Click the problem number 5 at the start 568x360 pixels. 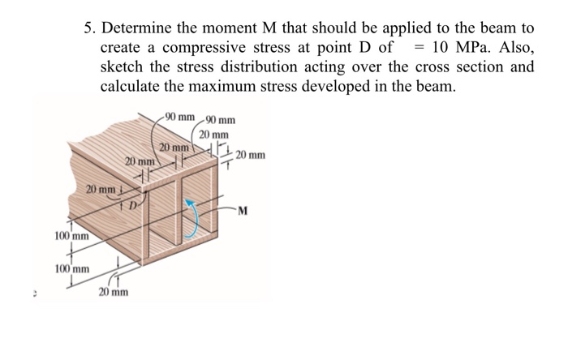click(90, 27)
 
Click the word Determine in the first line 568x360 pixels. click(139, 27)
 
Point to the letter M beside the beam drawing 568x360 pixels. click(243, 213)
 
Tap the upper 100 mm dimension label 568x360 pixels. click(71, 236)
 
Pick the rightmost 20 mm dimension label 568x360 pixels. click(250, 156)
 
